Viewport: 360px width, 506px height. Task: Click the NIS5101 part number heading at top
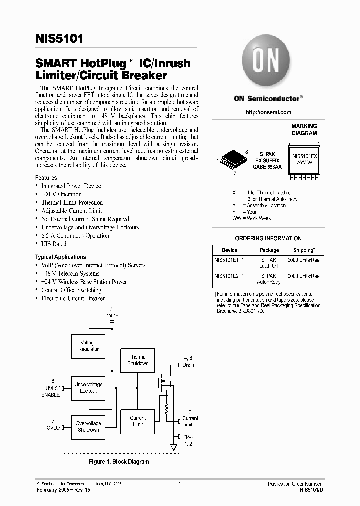click(x=59, y=38)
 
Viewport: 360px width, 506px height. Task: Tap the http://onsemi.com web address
click(x=268, y=112)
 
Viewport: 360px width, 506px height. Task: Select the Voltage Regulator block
click(x=88, y=346)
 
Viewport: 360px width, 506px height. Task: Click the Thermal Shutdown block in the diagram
click(x=138, y=360)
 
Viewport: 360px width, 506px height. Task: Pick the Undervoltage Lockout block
click(x=88, y=387)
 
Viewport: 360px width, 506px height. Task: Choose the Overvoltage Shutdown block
click(x=88, y=426)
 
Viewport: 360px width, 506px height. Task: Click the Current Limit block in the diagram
click(x=138, y=421)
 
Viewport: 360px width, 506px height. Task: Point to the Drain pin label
click(x=188, y=365)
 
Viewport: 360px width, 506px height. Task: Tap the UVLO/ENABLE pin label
click(x=50, y=391)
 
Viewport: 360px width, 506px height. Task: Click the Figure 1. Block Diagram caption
click(x=119, y=462)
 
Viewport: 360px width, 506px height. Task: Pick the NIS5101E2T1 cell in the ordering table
click(x=229, y=276)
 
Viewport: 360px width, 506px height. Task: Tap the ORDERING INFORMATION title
click(x=268, y=238)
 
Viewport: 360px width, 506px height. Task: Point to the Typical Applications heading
click(x=60, y=257)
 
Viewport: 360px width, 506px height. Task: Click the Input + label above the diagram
click(x=111, y=316)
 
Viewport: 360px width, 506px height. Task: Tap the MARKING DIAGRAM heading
click(x=304, y=130)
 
